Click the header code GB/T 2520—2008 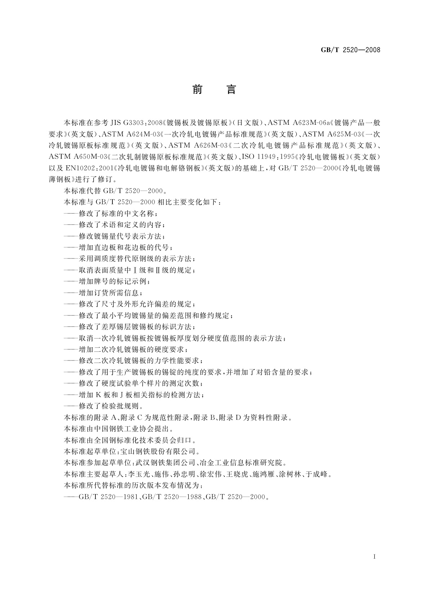tap(350, 50)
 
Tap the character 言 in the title tap(231, 89)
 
